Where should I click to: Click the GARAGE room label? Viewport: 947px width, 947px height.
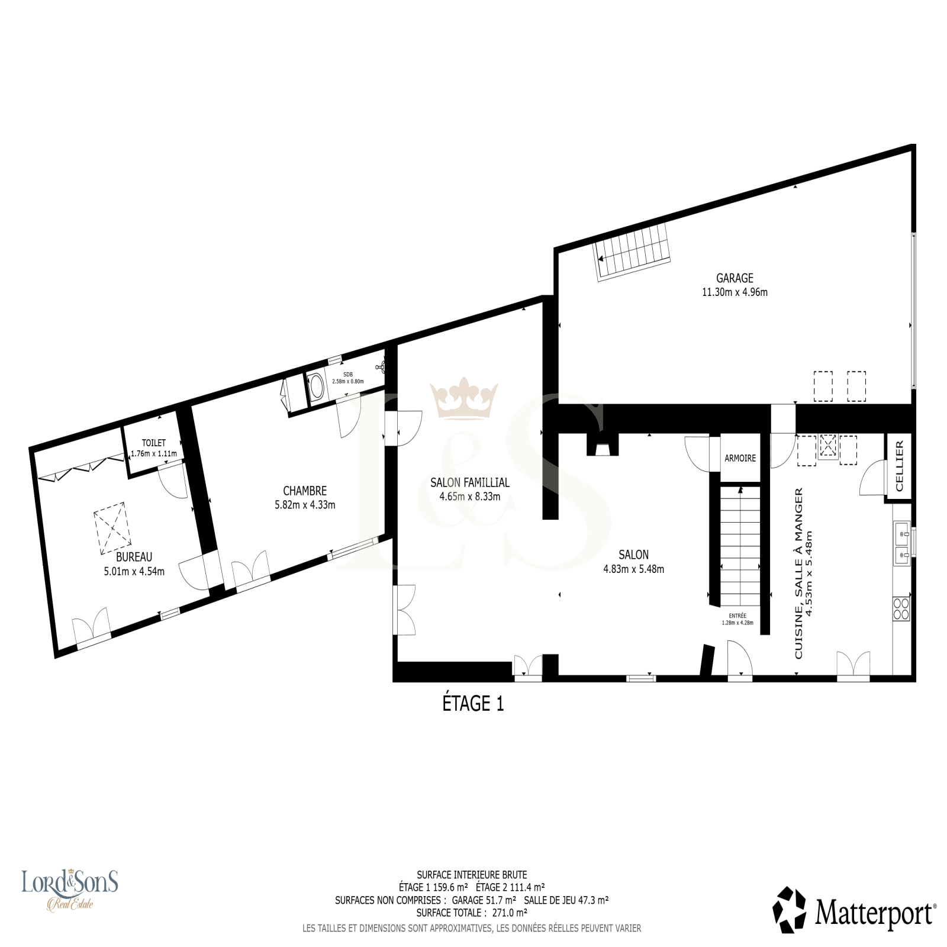[x=735, y=278]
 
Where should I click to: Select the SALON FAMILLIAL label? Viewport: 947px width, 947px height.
[x=470, y=483]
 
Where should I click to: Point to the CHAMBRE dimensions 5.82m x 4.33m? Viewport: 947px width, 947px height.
[x=305, y=505]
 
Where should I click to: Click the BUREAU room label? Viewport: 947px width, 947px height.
[x=134, y=557]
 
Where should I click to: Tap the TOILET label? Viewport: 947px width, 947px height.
[x=154, y=443]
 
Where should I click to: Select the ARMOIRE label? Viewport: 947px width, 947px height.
[x=740, y=458]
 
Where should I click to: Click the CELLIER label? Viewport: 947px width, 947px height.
[x=899, y=466]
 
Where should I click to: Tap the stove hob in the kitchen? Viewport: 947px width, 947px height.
[x=901, y=608]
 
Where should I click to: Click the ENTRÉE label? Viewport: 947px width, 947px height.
[x=737, y=616]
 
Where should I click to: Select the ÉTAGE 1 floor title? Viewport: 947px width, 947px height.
[x=474, y=704]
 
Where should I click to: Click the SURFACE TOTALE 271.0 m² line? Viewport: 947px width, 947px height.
[x=472, y=913]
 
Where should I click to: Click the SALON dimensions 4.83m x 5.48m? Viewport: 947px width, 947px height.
[x=633, y=569]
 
